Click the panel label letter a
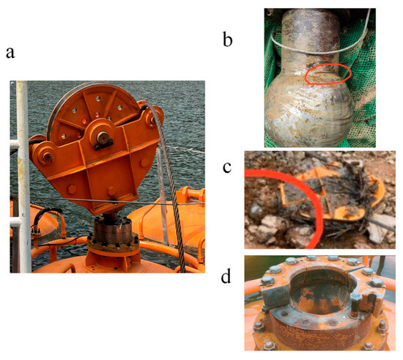(x=10, y=53)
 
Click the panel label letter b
(x=227, y=40)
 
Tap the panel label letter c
(x=227, y=167)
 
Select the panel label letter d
(x=226, y=276)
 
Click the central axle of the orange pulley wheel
(x=103, y=138)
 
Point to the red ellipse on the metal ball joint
(x=328, y=73)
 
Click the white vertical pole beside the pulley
(x=23, y=177)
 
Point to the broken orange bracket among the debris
(x=331, y=196)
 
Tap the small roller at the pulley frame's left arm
(x=47, y=157)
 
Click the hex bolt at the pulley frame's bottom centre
(x=111, y=191)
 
